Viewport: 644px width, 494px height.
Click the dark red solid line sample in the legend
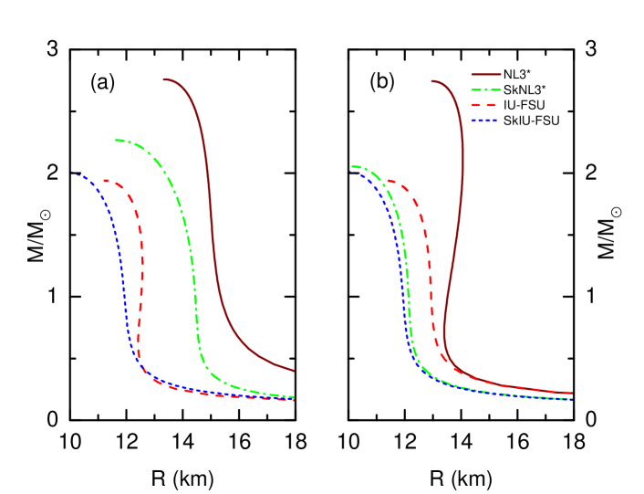point(485,75)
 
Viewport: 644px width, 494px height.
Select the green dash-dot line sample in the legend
point(485,90)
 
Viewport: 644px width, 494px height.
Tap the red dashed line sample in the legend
point(485,105)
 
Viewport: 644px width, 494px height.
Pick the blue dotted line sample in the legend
point(485,120)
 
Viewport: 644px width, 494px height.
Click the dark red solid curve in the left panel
point(213,228)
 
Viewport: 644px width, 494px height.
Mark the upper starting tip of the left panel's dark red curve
point(163,79)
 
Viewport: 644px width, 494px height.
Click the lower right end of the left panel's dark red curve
point(293,371)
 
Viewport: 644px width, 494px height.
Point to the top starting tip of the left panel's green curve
point(116,140)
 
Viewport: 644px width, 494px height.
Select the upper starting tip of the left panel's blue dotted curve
point(78,174)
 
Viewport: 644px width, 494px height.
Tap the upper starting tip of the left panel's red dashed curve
point(104,181)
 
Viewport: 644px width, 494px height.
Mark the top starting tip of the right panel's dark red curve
point(431,81)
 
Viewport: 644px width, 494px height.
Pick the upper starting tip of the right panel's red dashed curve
point(387,180)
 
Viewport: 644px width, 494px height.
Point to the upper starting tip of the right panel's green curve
point(352,167)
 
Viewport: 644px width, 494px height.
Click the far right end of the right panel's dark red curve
point(571,394)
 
